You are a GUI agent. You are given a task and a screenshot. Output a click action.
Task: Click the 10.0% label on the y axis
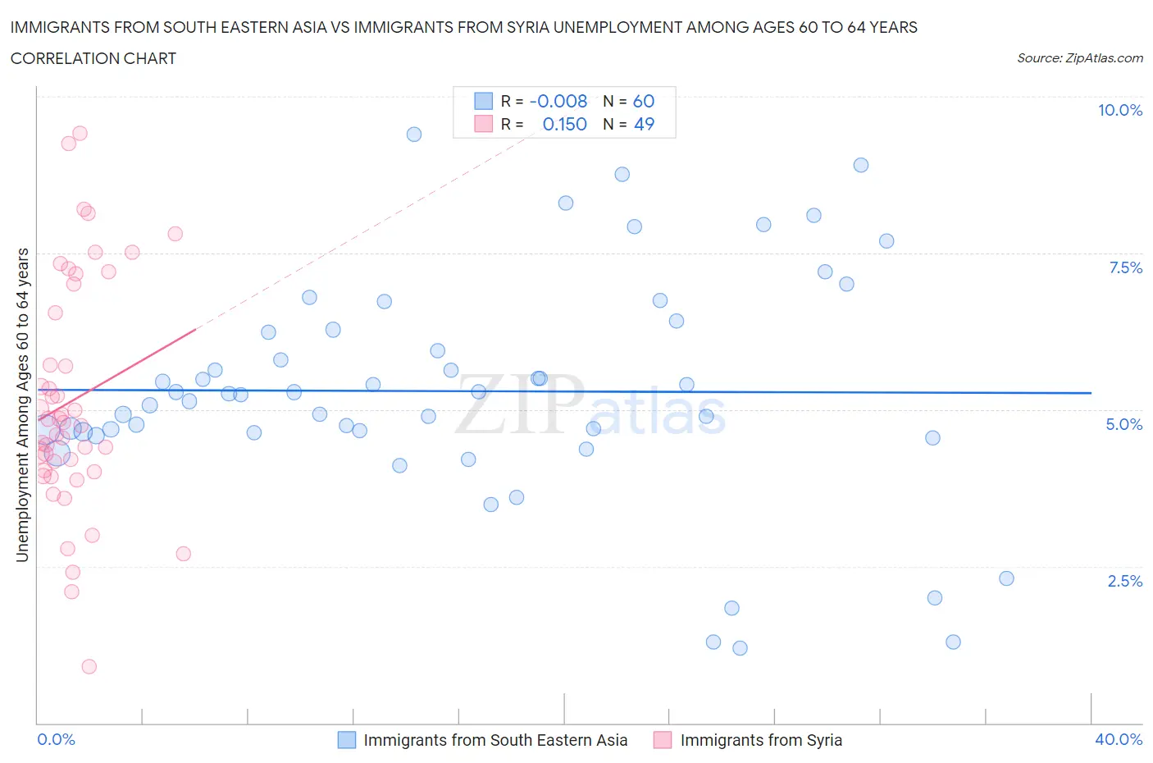pyautogui.click(x=1119, y=110)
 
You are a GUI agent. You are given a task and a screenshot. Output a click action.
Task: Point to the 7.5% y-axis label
pyautogui.click(x=1124, y=267)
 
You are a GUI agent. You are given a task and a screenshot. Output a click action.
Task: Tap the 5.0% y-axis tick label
pyautogui.click(x=1123, y=424)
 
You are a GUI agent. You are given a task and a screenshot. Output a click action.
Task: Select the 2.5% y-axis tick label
pyautogui.click(x=1124, y=581)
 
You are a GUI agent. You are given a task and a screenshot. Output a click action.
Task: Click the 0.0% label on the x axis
pyautogui.click(x=57, y=739)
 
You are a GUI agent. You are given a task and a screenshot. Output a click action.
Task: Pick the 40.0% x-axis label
pyautogui.click(x=1119, y=739)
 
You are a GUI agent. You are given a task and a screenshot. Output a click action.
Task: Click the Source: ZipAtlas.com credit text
pyautogui.click(x=1079, y=58)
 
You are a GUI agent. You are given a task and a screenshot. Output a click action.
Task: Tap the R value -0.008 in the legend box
pyautogui.click(x=558, y=101)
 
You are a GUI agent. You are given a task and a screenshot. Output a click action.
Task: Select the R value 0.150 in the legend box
pyautogui.click(x=564, y=124)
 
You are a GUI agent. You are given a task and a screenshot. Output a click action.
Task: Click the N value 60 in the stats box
pyautogui.click(x=644, y=101)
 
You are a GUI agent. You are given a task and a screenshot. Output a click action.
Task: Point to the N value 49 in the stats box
pyautogui.click(x=644, y=124)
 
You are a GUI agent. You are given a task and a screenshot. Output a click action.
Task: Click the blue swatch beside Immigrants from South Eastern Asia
pyautogui.click(x=347, y=740)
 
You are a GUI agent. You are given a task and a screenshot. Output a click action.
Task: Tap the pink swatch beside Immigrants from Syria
pyautogui.click(x=663, y=740)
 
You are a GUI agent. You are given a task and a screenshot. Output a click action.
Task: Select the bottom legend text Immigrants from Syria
pyautogui.click(x=761, y=740)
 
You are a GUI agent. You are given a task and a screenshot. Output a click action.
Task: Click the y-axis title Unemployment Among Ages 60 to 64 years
pyautogui.click(x=22, y=405)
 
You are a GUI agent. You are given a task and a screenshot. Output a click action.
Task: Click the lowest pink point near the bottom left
pyautogui.click(x=89, y=666)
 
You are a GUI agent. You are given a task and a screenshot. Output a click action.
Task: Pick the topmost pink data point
pyautogui.click(x=80, y=133)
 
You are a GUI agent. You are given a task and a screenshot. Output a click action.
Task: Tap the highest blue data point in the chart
pyautogui.click(x=414, y=134)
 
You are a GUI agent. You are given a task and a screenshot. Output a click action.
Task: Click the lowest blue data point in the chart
pyautogui.click(x=740, y=648)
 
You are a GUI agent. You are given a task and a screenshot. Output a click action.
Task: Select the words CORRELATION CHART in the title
pyautogui.click(x=93, y=58)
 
